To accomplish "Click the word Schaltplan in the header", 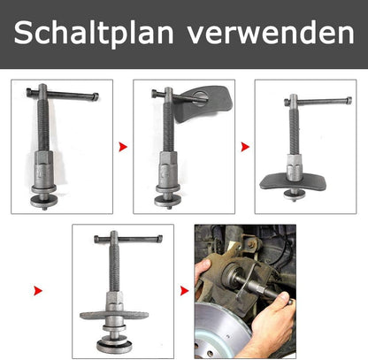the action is click(x=94, y=33).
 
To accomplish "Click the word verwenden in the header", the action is click(x=271, y=33).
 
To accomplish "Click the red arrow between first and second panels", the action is click(x=123, y=147).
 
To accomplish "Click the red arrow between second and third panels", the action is click(x=245, y=147).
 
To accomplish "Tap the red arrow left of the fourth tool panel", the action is click(x=38, y=291).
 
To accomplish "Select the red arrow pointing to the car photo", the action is click(x=184, y=291).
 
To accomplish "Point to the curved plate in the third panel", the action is click(x=293, y=182).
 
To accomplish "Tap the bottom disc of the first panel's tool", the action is click(x=44, y=202).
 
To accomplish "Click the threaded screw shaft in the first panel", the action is click(x=43, y=124).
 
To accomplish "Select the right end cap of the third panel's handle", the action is click(x=349, y=100).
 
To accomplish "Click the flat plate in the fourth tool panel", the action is click(x=114, y=315).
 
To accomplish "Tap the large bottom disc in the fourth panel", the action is click(x=114, y=346).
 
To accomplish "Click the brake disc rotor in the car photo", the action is click(x=221, y=330).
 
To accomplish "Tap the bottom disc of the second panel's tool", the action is click(x=168, y=202).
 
